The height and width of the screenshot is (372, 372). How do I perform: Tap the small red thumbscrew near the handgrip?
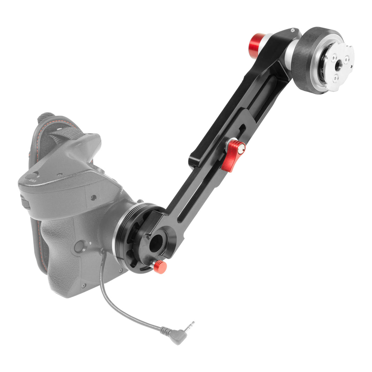[x=160, y=267]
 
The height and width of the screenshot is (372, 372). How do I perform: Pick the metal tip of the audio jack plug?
[x=190, y=326]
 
